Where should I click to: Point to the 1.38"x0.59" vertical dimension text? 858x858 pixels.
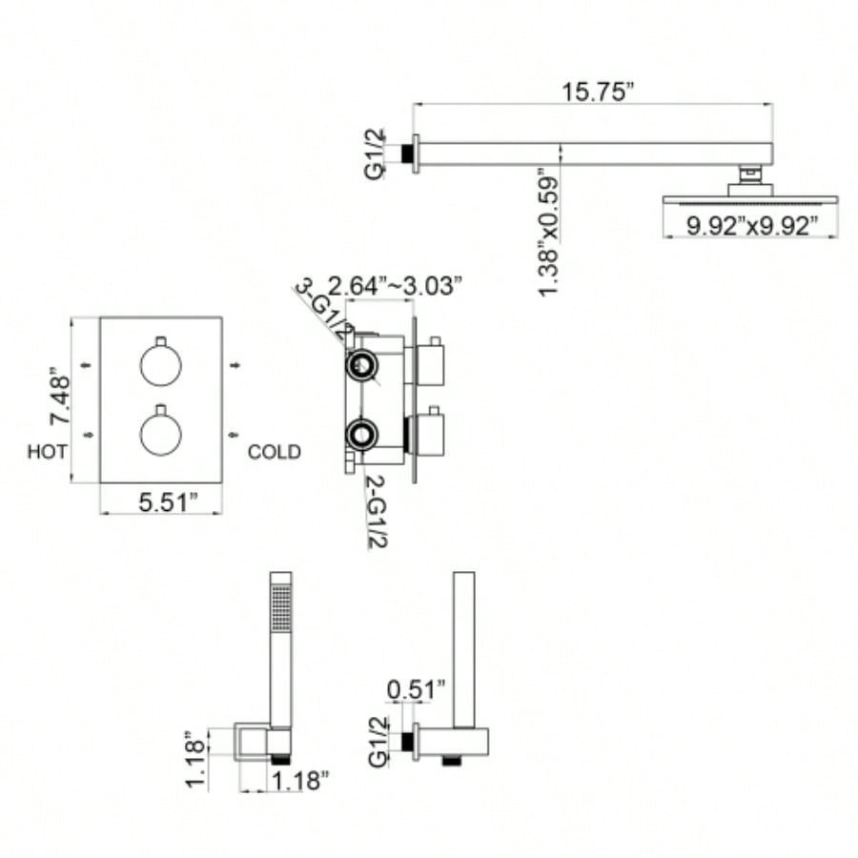549,233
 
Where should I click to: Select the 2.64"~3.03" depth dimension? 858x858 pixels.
395,285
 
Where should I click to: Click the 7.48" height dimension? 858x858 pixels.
60,400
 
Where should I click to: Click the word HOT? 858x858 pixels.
48,452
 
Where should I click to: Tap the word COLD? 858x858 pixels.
274,452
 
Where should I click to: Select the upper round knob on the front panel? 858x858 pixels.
160,364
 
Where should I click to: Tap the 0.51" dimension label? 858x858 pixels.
417,688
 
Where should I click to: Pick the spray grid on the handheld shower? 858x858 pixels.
280,607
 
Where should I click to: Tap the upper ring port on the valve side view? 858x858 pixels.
362,365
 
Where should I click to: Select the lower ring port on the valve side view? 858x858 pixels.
362,435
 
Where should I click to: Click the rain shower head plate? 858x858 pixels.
749,201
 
